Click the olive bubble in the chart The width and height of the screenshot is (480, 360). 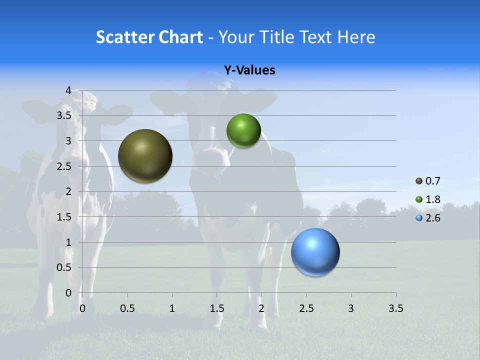click(x=145, y=156)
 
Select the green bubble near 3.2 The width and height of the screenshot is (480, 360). click(x=243, y=130)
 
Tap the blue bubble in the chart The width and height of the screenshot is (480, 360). click(x=315, y=252)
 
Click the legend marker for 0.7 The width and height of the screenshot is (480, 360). click(x=419, y=181)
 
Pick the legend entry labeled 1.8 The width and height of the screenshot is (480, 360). click(x=433, y=199)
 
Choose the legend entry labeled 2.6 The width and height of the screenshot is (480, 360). click(x=433, y=218)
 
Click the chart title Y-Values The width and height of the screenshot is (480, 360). click(x=249, y=70)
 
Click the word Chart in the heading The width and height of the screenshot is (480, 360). click(x=180, y=37)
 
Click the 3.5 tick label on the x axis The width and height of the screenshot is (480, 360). click(x=395, y=308)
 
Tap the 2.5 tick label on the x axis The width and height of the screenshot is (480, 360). click(x=306, y=308)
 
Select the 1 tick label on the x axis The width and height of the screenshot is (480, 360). click(x=172, y=308)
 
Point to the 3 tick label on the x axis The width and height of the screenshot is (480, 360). click(x=351, y=308)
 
